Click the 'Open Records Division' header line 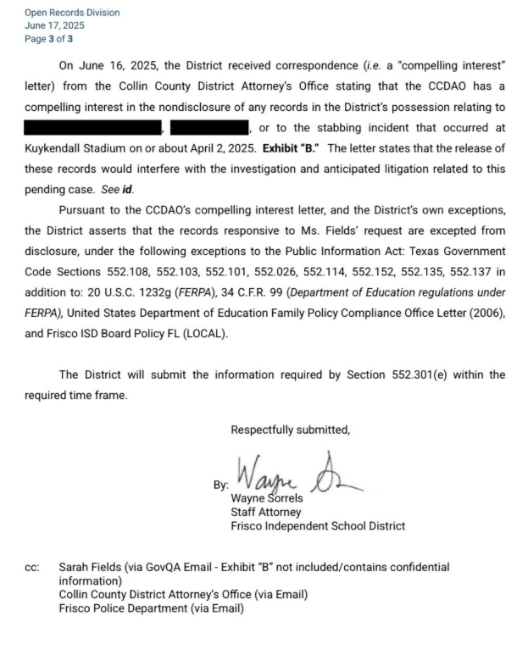point(60,13)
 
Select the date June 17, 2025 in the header point(49,25)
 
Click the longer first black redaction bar point(93,128)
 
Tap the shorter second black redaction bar point(209,128)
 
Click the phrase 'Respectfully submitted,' point(290,430)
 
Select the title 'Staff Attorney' point(265,512)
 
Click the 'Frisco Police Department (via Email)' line point(151,608)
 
